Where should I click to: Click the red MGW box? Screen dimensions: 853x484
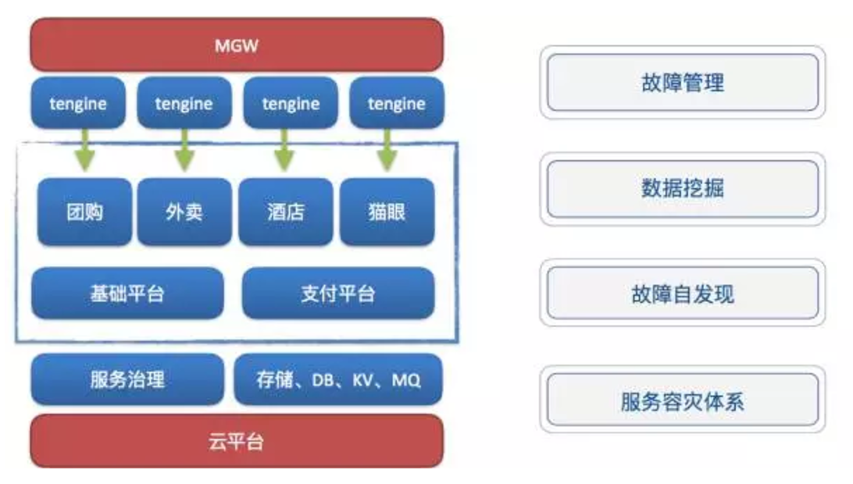coord(237,44)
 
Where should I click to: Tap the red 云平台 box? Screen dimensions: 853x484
coord(237,441)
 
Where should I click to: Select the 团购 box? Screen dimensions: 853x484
coord(84,212)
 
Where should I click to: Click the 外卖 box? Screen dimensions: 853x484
coord(184,212)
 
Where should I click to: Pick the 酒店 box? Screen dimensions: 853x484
coord(286,212)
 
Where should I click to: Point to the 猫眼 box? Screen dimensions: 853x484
coord(387,212)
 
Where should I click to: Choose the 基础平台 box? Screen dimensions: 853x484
coord(127,293)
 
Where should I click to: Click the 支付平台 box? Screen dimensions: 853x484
coord(337,293)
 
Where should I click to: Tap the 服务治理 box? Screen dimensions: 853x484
coord(127,379)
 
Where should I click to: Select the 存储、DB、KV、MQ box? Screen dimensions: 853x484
coord(337,379)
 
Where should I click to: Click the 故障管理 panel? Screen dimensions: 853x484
coord(682,83)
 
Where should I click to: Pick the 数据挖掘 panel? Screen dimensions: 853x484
coord(682,189)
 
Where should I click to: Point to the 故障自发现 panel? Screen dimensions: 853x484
coord(682,294)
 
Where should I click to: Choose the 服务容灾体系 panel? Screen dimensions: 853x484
coord(682,400)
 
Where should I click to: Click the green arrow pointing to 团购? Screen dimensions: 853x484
coord(85,150)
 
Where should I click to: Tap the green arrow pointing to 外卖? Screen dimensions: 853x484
coord(184,150)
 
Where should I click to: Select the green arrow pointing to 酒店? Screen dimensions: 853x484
coord(284,150)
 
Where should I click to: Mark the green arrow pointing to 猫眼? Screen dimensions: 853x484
coord(387,150)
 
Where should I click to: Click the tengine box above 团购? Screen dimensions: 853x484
coord(78,103)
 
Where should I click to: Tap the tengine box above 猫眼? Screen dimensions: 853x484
coord(397,103)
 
